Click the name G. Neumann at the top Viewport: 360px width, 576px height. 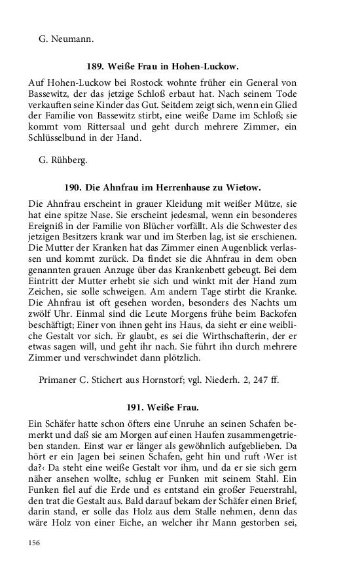67,39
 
